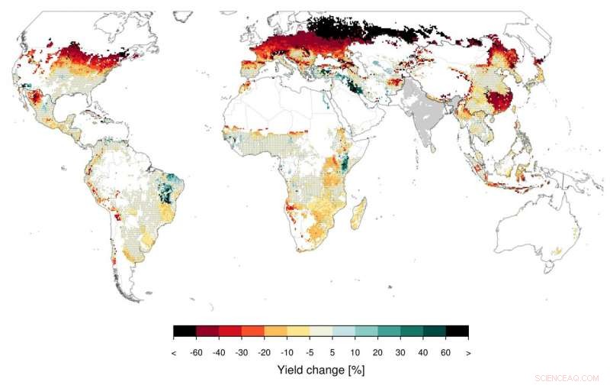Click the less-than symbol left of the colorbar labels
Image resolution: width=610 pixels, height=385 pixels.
(x=175, y=354)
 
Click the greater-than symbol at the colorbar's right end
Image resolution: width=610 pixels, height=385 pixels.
(x=467, y=354)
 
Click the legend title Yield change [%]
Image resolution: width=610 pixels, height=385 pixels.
(x=321, y=370)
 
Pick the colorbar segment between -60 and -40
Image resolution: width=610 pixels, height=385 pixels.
(x=207, y=332)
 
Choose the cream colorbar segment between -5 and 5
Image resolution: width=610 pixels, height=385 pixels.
(x=321, y=332)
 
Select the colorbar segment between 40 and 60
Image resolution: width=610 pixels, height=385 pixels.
(x=435, y=332)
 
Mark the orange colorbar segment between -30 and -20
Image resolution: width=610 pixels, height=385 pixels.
(x=253, y=332)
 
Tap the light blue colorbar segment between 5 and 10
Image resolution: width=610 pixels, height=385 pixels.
(x=344, y=332)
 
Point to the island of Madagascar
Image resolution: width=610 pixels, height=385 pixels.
(x=356, y=211)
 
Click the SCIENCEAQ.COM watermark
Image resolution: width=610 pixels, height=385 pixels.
(x=568, y=377)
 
